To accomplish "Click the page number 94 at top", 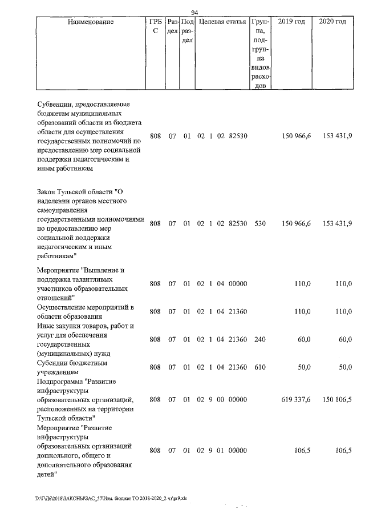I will click(194, 12).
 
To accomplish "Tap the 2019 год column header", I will click(291, 22).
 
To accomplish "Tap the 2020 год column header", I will click(332, 22).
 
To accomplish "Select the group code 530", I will click(260, 223).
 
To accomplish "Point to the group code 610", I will click(260, 367).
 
